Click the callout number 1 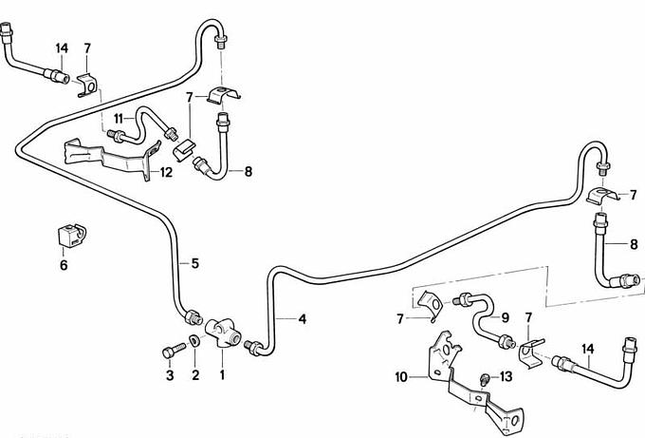[222, 376]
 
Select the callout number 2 [195, 376]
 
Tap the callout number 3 [171, 376]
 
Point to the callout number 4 [303, 319]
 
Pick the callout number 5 [194, 263]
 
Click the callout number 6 [64, 266]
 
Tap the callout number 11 [120, 118]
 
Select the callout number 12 [167, 172]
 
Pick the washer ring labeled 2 [194, 342]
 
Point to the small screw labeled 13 [486, 378]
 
